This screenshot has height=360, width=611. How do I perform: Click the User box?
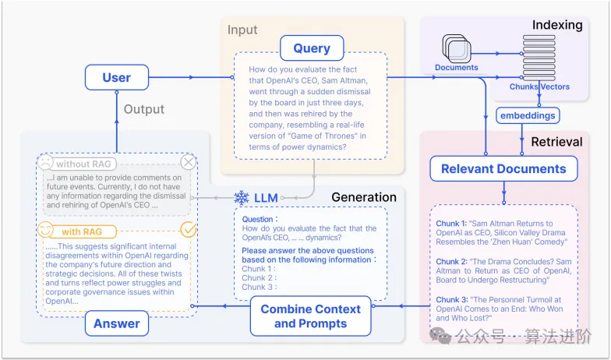coord(116,77)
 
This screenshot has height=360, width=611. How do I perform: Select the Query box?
coord(312,48)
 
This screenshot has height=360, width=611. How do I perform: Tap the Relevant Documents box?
coord(503,169)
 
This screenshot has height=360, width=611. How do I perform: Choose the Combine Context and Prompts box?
coord(310,316)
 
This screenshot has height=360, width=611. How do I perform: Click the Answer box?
coord(117,323)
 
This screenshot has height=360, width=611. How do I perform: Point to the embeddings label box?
coord(529,115)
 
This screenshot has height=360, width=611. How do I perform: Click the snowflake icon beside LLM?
coord(241,198)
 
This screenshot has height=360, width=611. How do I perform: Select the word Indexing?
coord(557,25)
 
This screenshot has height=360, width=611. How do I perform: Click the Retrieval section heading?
coord(556,142)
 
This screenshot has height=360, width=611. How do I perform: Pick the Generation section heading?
coord(364,196)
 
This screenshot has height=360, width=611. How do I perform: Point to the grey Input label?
coord(242,30)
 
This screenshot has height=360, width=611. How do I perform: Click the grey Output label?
coord(145,109)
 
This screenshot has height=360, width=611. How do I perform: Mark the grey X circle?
coord(189,162)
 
